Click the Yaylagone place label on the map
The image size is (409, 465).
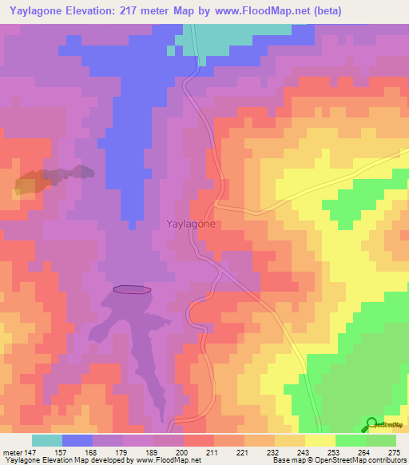pyautogui.click(x=190, y=225)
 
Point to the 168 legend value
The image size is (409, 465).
pyautogui.click(x=91, y=451)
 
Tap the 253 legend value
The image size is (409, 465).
pyautogui.click(x=318, y=451)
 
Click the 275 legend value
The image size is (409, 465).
pyautogui.click(x=394, y=451)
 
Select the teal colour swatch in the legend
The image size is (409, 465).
pyautogui.click(x=47, y=440)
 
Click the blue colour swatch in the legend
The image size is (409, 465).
pyautogui.click(x=77, y=440)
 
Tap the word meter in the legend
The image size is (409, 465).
pyautogui.click(x=13, y=451)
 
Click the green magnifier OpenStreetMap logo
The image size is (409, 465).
pyautogui.click(x=371, y=424)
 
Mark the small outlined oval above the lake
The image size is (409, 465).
pyautogui.click(x=132, y=289)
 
